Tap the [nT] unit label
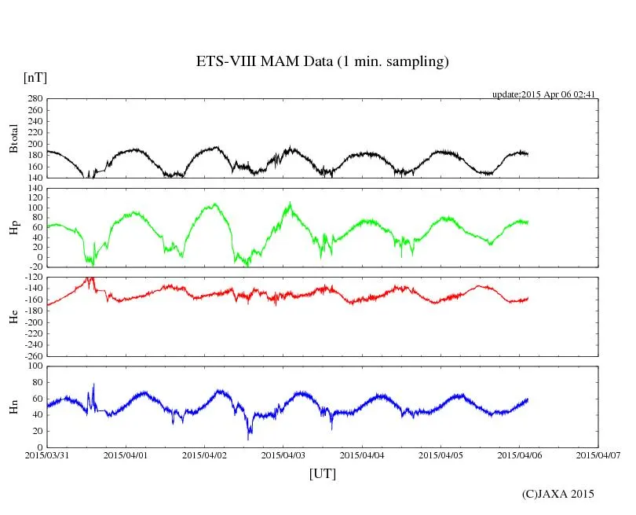35,77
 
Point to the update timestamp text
544,94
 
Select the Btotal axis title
13,138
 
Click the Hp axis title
13,228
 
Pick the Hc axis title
13,316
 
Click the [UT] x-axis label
323,473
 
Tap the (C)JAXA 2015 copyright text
557,494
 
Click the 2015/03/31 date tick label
47,454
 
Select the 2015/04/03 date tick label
283,454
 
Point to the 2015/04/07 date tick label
598,454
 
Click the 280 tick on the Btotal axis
35,99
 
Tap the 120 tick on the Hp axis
35,189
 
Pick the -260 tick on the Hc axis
31,355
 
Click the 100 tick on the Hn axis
35,366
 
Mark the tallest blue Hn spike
93,384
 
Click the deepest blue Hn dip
249,436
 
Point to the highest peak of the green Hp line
291,203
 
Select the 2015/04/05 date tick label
440,454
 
